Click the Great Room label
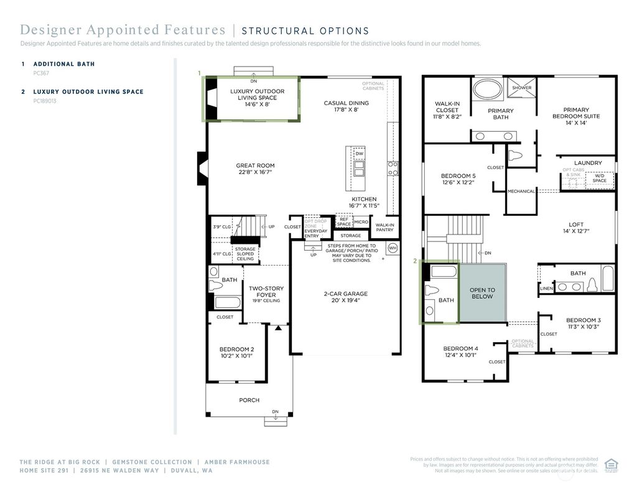click(x=255, y=169)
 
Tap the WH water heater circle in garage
click(x=393, y=248)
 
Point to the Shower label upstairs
click(x=521, y=88)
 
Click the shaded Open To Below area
click(x=482, y=293)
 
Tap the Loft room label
click(x=576, y=228)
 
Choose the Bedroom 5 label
click(x=458, y=179)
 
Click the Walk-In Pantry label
click(x=384, y=228)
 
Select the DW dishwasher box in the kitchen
click(x=359, y=154)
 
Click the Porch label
click(x=249, y=400)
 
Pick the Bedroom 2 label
click(x=236, y=353)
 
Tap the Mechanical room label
click(x=521, y=191)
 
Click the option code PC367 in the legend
click(x=40, y=73)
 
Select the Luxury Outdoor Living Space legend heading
click(x=88, y=91)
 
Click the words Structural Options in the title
click(x=305, y=30)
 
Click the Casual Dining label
click(x=346, y=106)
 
